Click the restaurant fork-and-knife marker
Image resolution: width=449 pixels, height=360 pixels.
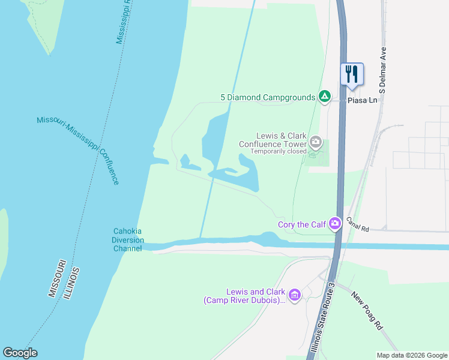coord(352,74)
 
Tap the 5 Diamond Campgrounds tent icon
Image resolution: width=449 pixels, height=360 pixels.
coord(325,97)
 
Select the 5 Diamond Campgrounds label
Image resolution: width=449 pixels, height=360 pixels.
coord(268,97)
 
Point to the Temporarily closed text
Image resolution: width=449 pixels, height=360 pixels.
coord(278,151)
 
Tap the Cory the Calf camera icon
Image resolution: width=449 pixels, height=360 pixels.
coord(335,224)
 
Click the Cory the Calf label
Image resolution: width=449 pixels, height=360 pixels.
coord(301,225)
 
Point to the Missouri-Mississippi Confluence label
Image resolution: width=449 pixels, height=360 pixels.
coord(78,150)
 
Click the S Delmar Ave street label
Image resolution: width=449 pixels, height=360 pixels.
coord(382,70)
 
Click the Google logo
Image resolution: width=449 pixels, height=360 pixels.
coord(20,353)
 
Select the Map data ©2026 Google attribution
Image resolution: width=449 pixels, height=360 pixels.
coord(412,355)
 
